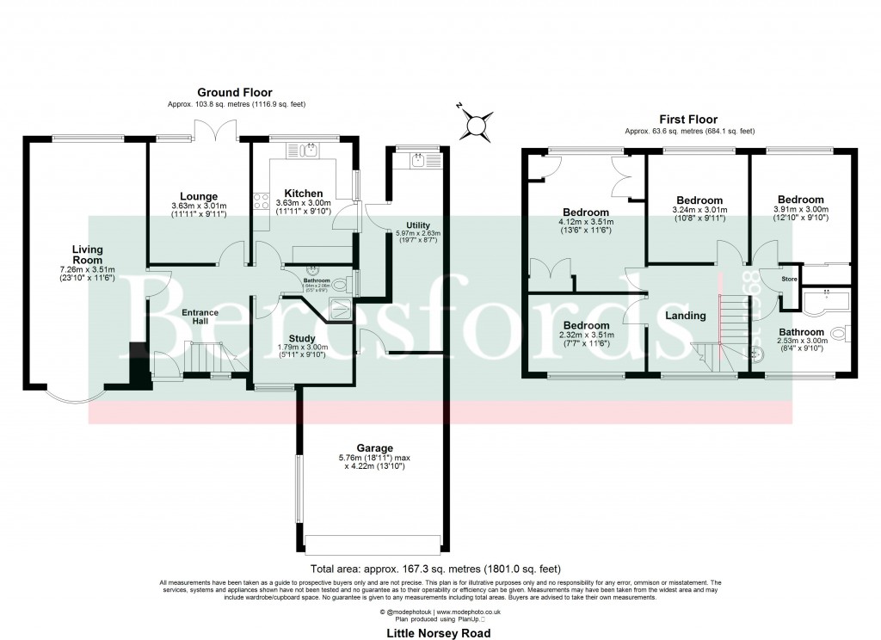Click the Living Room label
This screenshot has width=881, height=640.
[88, 255]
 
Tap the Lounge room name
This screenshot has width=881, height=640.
[199, 196]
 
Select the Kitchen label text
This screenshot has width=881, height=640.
[304, 194]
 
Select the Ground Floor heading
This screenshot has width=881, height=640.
[235, 92]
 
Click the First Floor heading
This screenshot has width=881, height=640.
[688, 120]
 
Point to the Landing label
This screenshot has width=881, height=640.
[686, 316]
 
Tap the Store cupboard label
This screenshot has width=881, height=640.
[789, 279]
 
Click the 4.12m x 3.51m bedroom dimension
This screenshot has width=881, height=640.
[586, 224]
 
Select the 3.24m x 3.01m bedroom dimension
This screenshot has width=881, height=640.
[699, 209]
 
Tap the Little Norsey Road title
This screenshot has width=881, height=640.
[440, 632]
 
